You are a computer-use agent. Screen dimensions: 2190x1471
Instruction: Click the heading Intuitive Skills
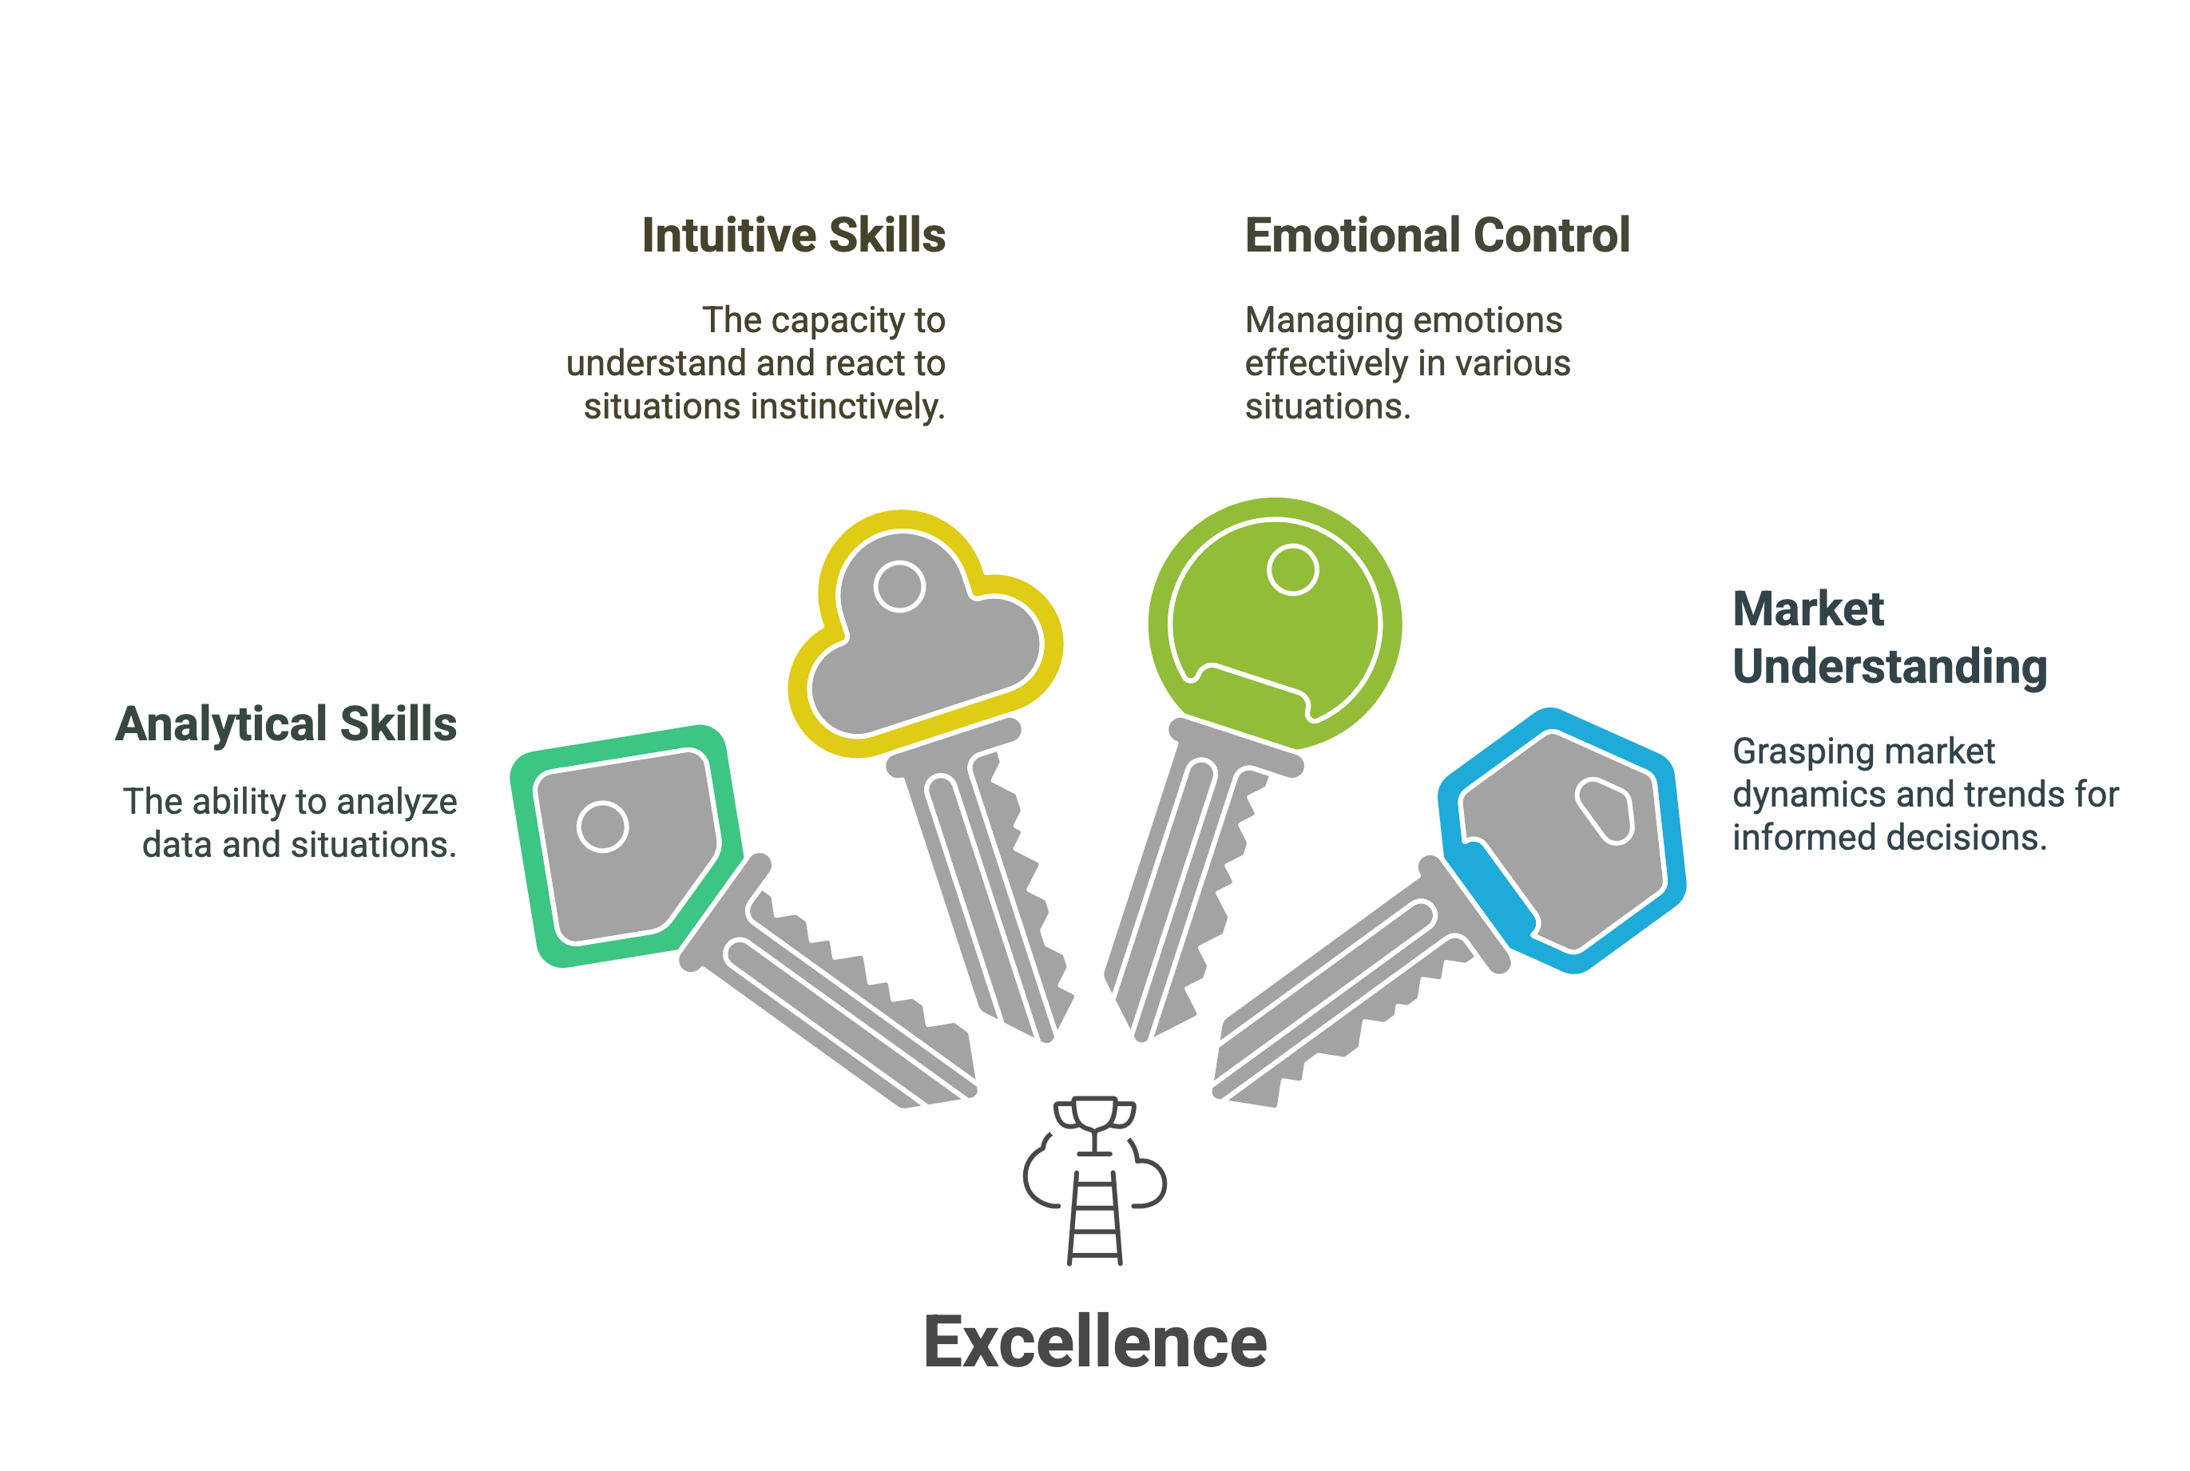pyautogui.click(x=793, y=236)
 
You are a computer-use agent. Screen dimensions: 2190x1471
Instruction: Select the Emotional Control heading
pyautogui.click(x=1437, y=236)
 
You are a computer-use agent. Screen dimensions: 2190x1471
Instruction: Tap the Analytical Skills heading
pyautogui.click(x=286, y=724)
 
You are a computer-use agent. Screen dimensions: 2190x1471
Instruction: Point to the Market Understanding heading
pyautogui.click(x=1888, y=638)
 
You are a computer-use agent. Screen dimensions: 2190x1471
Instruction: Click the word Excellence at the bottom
pyautogui.click(x=1094, y=1342)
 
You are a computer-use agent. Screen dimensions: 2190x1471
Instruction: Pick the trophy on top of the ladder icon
pyautogui.click(x=1094, y=1118)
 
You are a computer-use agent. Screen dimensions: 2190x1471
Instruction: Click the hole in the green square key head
pyautogui.click(x=602, y=827)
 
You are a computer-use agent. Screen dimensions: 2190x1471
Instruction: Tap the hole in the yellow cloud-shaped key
pyautogui.click(x=899, y=586)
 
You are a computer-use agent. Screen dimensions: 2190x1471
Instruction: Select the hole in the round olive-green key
pyautogui.click(x=1292, y=569)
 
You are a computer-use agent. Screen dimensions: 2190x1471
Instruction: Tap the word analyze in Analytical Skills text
pyautogui.click(x=397, y=802)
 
